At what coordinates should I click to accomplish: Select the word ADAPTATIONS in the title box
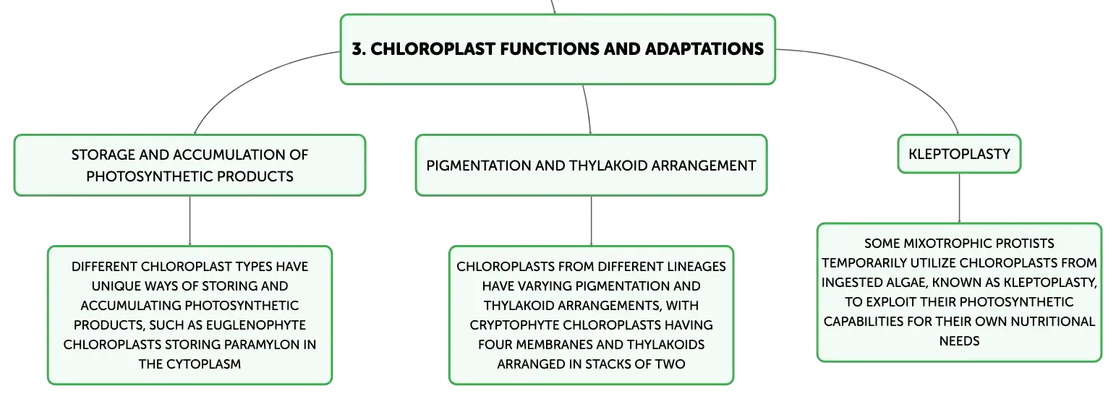click(704, 49)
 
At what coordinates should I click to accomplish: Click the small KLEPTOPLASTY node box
click(959, 154)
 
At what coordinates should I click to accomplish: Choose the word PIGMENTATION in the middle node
click(478, 166)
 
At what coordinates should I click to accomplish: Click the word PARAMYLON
click(263, 345)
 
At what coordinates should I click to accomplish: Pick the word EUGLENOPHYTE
click(256, 325)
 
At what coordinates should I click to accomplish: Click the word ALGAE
click(908, 283)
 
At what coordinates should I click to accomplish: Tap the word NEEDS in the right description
click(959, 341)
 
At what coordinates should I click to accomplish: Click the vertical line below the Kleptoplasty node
click(959, 198)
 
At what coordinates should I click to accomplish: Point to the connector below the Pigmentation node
click(591, 220)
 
